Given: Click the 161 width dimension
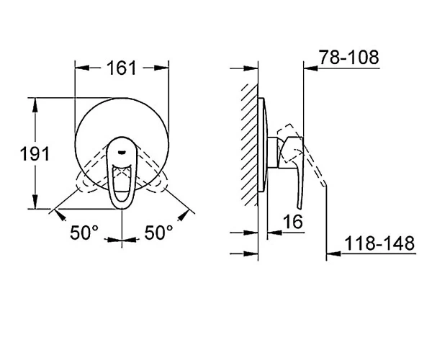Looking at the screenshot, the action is point(122,68).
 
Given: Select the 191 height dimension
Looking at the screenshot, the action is point(35,153).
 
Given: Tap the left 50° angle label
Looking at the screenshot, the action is point(84,233).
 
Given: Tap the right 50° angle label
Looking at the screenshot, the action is point(158,233).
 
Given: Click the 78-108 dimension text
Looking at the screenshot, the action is point(348,58).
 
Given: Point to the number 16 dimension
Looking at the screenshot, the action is point(293,221).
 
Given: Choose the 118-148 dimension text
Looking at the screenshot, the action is point(379,243).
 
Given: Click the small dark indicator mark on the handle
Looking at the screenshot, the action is point(122,151).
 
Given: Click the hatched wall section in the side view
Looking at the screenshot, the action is point(250,145).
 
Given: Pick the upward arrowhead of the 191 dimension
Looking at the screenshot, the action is point(35,105).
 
